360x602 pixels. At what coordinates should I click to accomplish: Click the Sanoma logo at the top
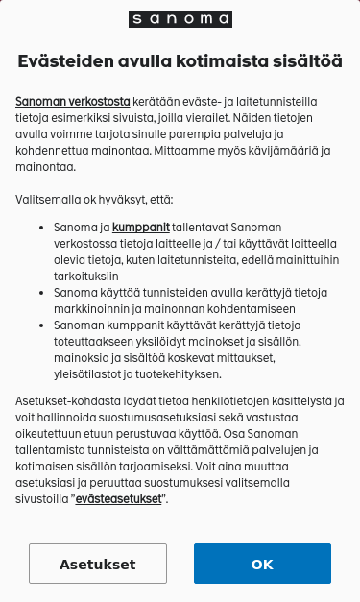coord(180,19)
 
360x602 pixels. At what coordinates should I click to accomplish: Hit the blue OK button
coord(262,565)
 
